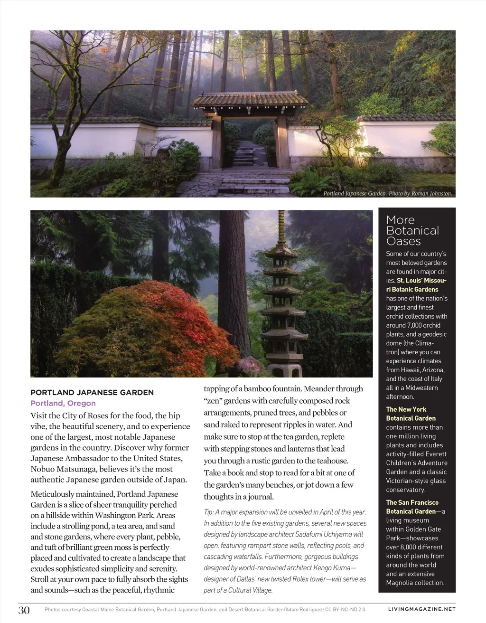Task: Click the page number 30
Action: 24,610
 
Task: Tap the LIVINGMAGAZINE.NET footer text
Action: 421,609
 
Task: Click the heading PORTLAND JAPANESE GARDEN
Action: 92,392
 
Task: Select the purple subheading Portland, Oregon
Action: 63,403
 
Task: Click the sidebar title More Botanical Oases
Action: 412,230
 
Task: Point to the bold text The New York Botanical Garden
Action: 411,414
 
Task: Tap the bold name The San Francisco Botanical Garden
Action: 411,507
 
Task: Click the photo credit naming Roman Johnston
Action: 387,194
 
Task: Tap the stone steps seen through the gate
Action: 244,156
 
